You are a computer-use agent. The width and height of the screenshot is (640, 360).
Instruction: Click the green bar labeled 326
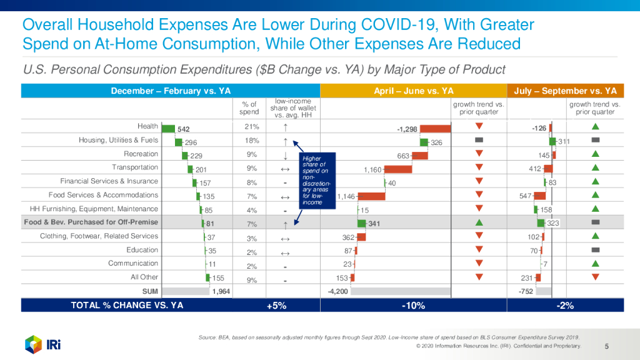(x=424, y=142)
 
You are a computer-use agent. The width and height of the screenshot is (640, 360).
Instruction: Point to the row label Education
(x=142, y=250)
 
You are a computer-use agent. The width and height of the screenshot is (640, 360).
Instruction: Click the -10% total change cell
(x=414, y=306)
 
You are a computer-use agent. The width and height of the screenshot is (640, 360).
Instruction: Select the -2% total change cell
(x=565, y=306)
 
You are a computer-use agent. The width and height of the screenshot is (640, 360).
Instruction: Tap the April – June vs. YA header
(x=414, y=91)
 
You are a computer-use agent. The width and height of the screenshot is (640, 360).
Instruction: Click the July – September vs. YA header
(x=565, y=91)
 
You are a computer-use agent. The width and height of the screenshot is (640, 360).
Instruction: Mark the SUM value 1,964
(x=222, y=291)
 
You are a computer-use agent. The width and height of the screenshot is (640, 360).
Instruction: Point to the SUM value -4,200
(x=338, y=291)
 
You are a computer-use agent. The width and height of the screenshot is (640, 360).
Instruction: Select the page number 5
(x=607, y=346)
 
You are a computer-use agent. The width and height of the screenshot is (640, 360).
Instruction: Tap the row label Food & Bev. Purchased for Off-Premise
(x=91, y=222)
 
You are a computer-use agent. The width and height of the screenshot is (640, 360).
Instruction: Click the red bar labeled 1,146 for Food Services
(x=372, y=196)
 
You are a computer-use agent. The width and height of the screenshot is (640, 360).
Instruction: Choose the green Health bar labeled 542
(x=168, y=128)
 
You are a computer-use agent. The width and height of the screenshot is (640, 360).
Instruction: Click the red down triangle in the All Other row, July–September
(x=595, y=277)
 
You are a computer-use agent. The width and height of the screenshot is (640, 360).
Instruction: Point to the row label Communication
(x=133, y=264)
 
